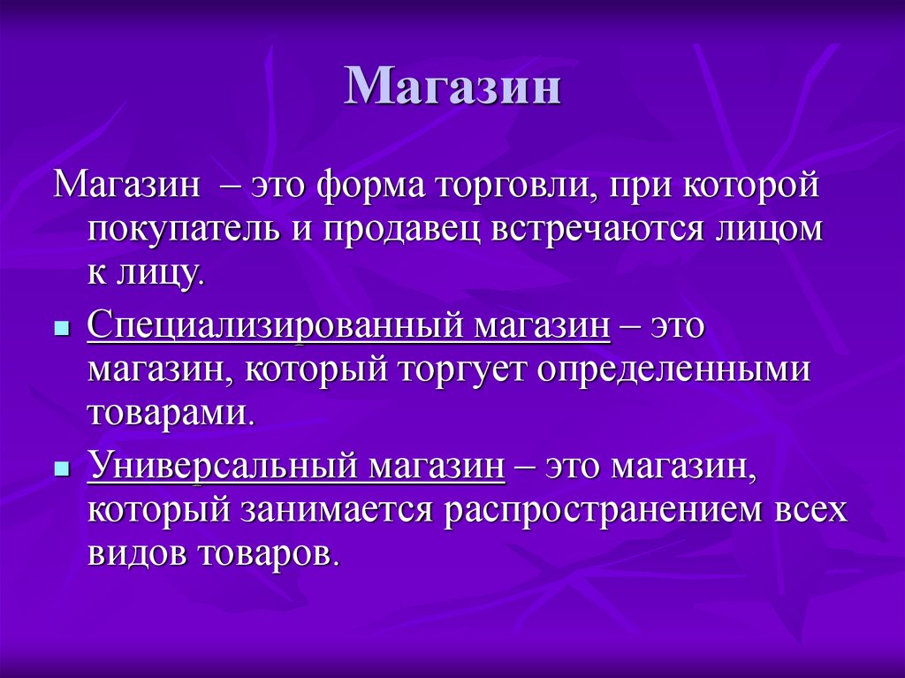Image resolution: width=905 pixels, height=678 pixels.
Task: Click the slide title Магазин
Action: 452,88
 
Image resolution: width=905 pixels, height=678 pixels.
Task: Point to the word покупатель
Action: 180,230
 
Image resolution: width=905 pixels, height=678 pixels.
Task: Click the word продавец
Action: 401,230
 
